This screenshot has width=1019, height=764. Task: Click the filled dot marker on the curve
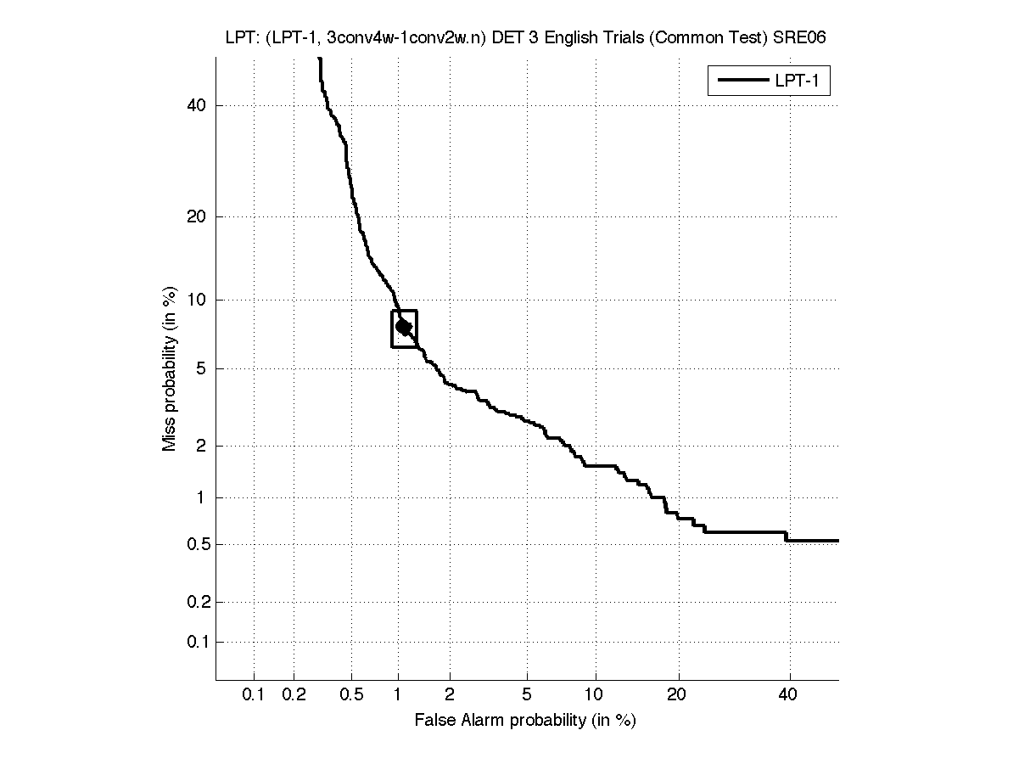pyautogui.click(x=404, y=326)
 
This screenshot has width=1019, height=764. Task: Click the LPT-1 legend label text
pyautogui.click(x=800, y=81)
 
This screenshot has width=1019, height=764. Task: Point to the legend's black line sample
pyautogui.click(x=742, y=81)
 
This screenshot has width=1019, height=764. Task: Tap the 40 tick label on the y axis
pyautogui.click(x=197, y=105)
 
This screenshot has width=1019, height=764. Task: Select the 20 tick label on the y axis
pyautogui.click(x=197, y=216)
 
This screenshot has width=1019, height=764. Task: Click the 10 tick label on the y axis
pyautogui.click(x=197, y=300)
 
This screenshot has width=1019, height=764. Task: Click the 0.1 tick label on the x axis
pyautogui.click(x=254, y=695)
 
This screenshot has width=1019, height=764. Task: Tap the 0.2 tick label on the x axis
pyautogui.click(x=294, y=695)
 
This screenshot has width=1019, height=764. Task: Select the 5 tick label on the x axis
pyautogui.click(x=527, y=695)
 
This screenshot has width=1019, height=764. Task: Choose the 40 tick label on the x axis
pyautogui.click(x=788, y=695)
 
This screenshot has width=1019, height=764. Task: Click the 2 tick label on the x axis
pyautogui.click(x=450, y=695)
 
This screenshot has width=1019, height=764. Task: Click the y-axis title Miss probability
pyautogui.click(x=170, y=371)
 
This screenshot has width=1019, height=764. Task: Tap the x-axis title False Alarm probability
pyautogui.click(x=525, y=721)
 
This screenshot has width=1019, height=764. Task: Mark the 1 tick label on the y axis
pyautogui.click(x=200, y=498)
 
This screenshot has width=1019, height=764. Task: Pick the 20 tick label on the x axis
pyautogui.click(x=676, y=695)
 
